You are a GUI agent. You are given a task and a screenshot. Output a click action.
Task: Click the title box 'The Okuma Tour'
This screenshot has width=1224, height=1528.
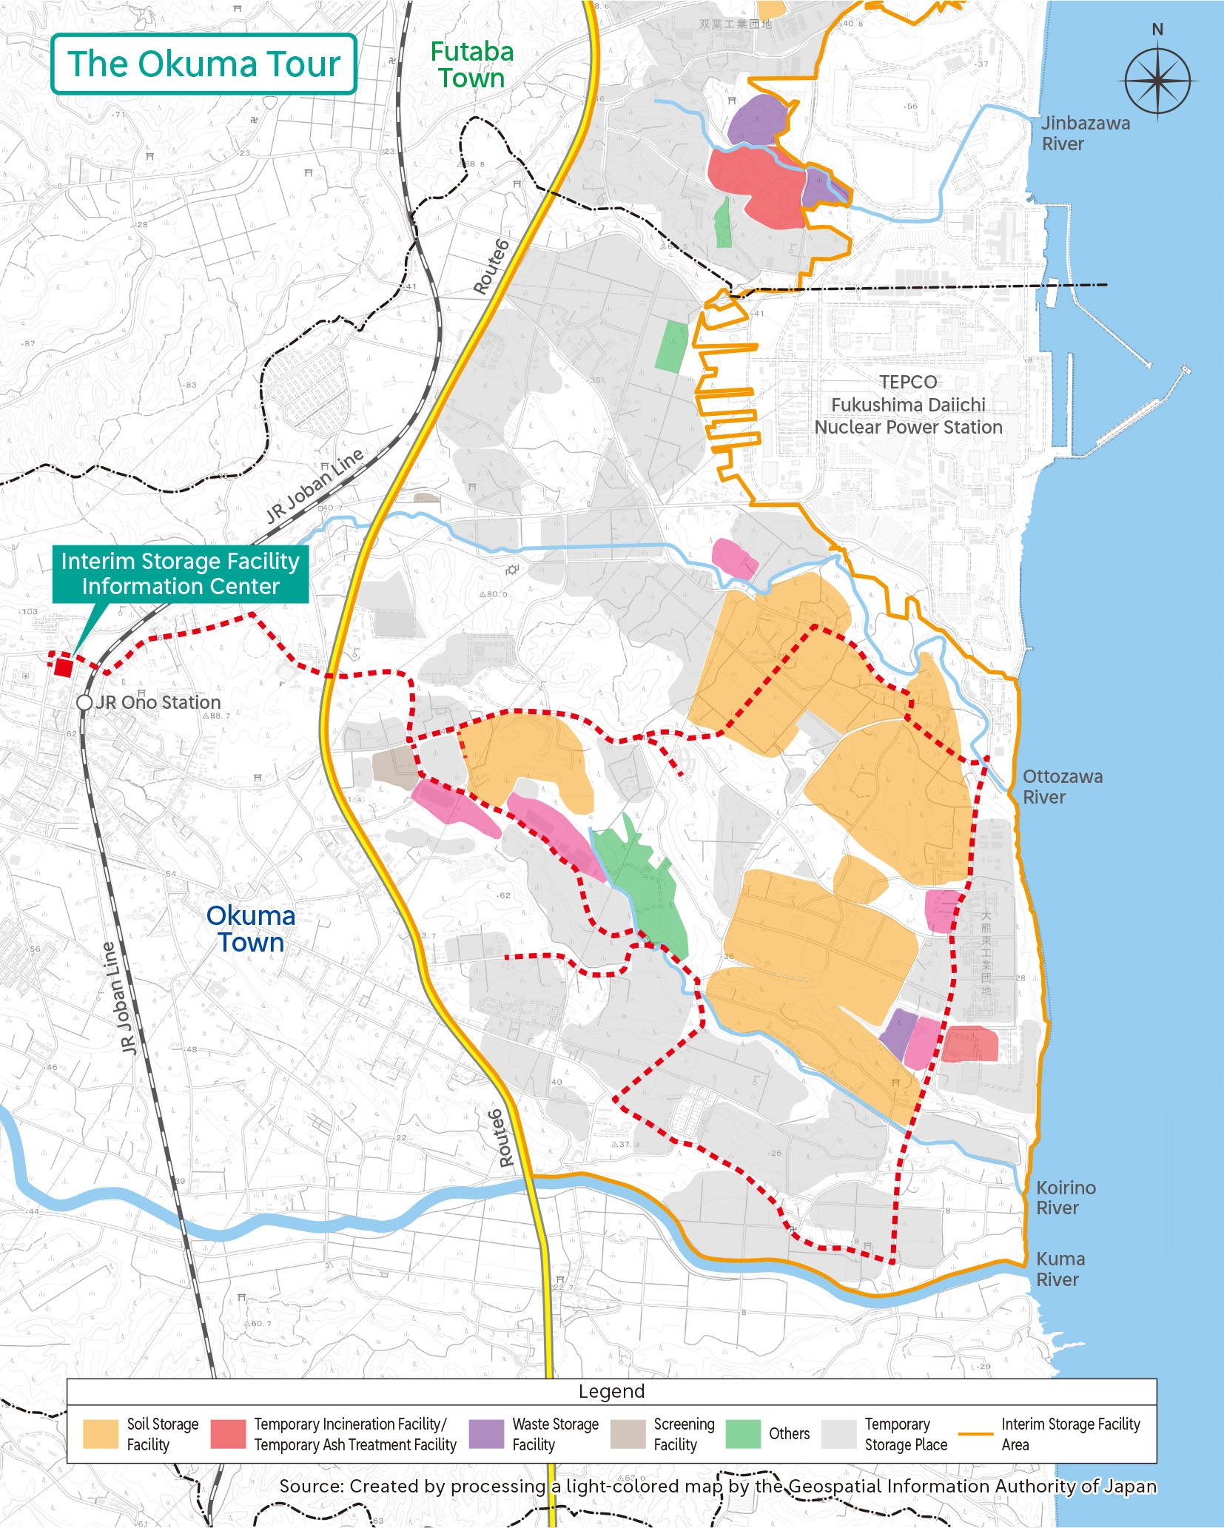tap(204, 64)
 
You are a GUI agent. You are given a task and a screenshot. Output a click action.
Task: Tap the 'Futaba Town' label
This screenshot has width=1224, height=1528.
tap(471, 64)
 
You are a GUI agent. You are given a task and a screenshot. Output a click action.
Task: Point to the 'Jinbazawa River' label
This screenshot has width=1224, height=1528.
tap(1085, 133)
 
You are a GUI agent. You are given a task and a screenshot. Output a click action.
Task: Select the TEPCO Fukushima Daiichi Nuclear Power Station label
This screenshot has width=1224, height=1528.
tap(908, 404)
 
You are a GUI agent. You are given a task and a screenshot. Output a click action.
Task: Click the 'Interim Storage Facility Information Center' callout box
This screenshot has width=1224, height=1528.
tap(180, 573)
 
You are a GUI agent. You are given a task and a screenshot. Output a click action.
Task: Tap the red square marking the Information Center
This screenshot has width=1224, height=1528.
tap(64, 667)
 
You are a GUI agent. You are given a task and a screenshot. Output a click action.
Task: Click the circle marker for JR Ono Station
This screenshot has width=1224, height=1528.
tap(84, 702)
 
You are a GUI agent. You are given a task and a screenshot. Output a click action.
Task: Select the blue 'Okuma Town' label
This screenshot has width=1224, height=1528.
tap(250, 929)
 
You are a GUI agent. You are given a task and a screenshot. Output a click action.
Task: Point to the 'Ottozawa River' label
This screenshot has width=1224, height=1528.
tap(1062, 787)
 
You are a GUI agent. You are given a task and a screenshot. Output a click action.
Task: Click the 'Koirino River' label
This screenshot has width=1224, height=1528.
tap(1065, 1197)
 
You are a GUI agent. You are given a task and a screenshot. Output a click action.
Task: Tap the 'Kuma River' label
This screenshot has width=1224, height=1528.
tap(1060, 1269)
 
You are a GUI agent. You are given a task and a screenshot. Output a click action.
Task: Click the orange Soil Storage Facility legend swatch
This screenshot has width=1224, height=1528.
tap(100, 1433)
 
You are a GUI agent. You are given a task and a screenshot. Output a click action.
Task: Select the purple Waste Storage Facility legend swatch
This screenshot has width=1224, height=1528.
tap(486, 1433)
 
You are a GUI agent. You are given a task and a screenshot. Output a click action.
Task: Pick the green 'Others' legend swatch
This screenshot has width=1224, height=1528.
tap(743, 1433)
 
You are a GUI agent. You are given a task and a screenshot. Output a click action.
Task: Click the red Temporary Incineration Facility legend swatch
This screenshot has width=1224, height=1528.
tap(228, 1433)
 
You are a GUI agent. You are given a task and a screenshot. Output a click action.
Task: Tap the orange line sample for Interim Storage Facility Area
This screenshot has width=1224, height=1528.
tap(975, 1433)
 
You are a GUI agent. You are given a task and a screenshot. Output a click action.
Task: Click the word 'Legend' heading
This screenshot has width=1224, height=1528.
tap(611, 1391)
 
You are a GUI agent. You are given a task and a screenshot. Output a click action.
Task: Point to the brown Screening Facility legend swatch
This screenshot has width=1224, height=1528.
tap(628, 1433)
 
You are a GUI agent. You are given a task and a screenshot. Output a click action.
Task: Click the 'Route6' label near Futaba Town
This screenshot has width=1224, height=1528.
tap(491, 267)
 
